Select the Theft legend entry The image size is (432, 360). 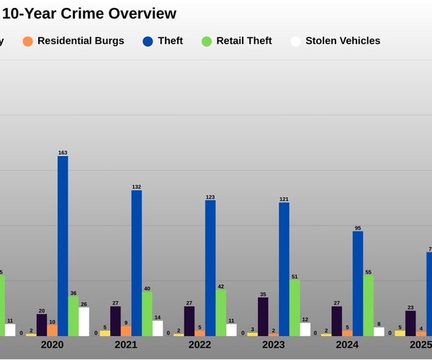click(x=162, y=41)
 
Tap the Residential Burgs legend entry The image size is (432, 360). click(x=73, y=41)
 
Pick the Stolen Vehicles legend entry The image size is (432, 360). click(x=335, y=41)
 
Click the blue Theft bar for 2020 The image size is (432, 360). click(x=63, y=246)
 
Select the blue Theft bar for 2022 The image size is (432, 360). click(x=210, y=268)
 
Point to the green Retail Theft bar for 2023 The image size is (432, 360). click(x=294, y=307)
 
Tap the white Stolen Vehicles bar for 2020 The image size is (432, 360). click(x=84, y=322)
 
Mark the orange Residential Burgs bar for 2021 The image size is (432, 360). click(x=126, y=330)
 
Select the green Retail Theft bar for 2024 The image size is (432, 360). click(x=369, y=305)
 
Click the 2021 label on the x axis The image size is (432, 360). click(x=126, y=346)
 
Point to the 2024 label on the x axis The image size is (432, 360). click(x=347, y=346)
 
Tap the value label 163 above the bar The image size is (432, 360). click(x=63, y=153)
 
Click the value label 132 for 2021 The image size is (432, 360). click(x=136, y=186)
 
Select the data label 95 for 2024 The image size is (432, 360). click(x=358, y=228)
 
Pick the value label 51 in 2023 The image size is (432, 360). click(x=294, y=276)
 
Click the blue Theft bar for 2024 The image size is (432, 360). click(x=358, y=284)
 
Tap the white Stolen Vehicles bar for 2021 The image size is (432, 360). click(x=158, y=328)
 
